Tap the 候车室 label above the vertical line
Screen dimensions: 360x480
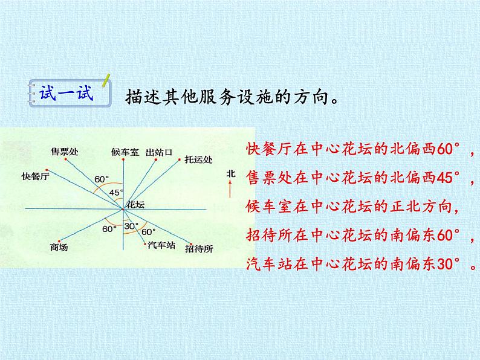click(125, 151)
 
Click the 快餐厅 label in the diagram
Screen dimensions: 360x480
click(34, 176)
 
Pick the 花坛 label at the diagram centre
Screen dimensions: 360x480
click(135, 205)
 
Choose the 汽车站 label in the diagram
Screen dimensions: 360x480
click(160, 245)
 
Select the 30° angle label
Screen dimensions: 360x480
click(131, 227)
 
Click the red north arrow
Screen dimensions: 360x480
click(230, 191)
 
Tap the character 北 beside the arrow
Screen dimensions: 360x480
click(230, 173)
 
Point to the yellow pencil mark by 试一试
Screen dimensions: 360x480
click(107, 81)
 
